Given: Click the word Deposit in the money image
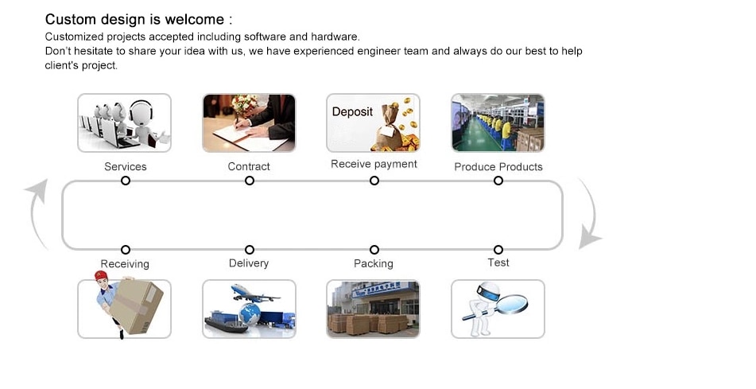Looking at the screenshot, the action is coord(352,112).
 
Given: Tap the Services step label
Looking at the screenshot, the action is coord(126,166).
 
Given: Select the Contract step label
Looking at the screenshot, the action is coord(249,166).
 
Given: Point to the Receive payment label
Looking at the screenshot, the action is coord(374,164).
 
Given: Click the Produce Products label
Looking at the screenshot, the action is coord(498,166).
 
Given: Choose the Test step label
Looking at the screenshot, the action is coord(498,263).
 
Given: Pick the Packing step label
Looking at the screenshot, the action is coord(373,263).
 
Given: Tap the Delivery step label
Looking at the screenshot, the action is coord(249,263).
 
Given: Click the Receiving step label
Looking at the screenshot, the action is coord(125,264).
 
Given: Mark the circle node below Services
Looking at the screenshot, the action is coord(126,181).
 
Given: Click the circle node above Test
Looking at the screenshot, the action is coord(498,250).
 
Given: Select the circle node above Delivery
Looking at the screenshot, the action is coord(250,250).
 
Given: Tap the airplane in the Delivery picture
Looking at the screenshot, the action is coord(253,293).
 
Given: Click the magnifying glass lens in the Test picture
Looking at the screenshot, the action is coord(512,305).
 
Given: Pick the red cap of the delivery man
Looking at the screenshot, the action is coord(101,275).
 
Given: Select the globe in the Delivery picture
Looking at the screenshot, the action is coord(250,314).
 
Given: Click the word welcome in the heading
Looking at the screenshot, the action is coord(194,19).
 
